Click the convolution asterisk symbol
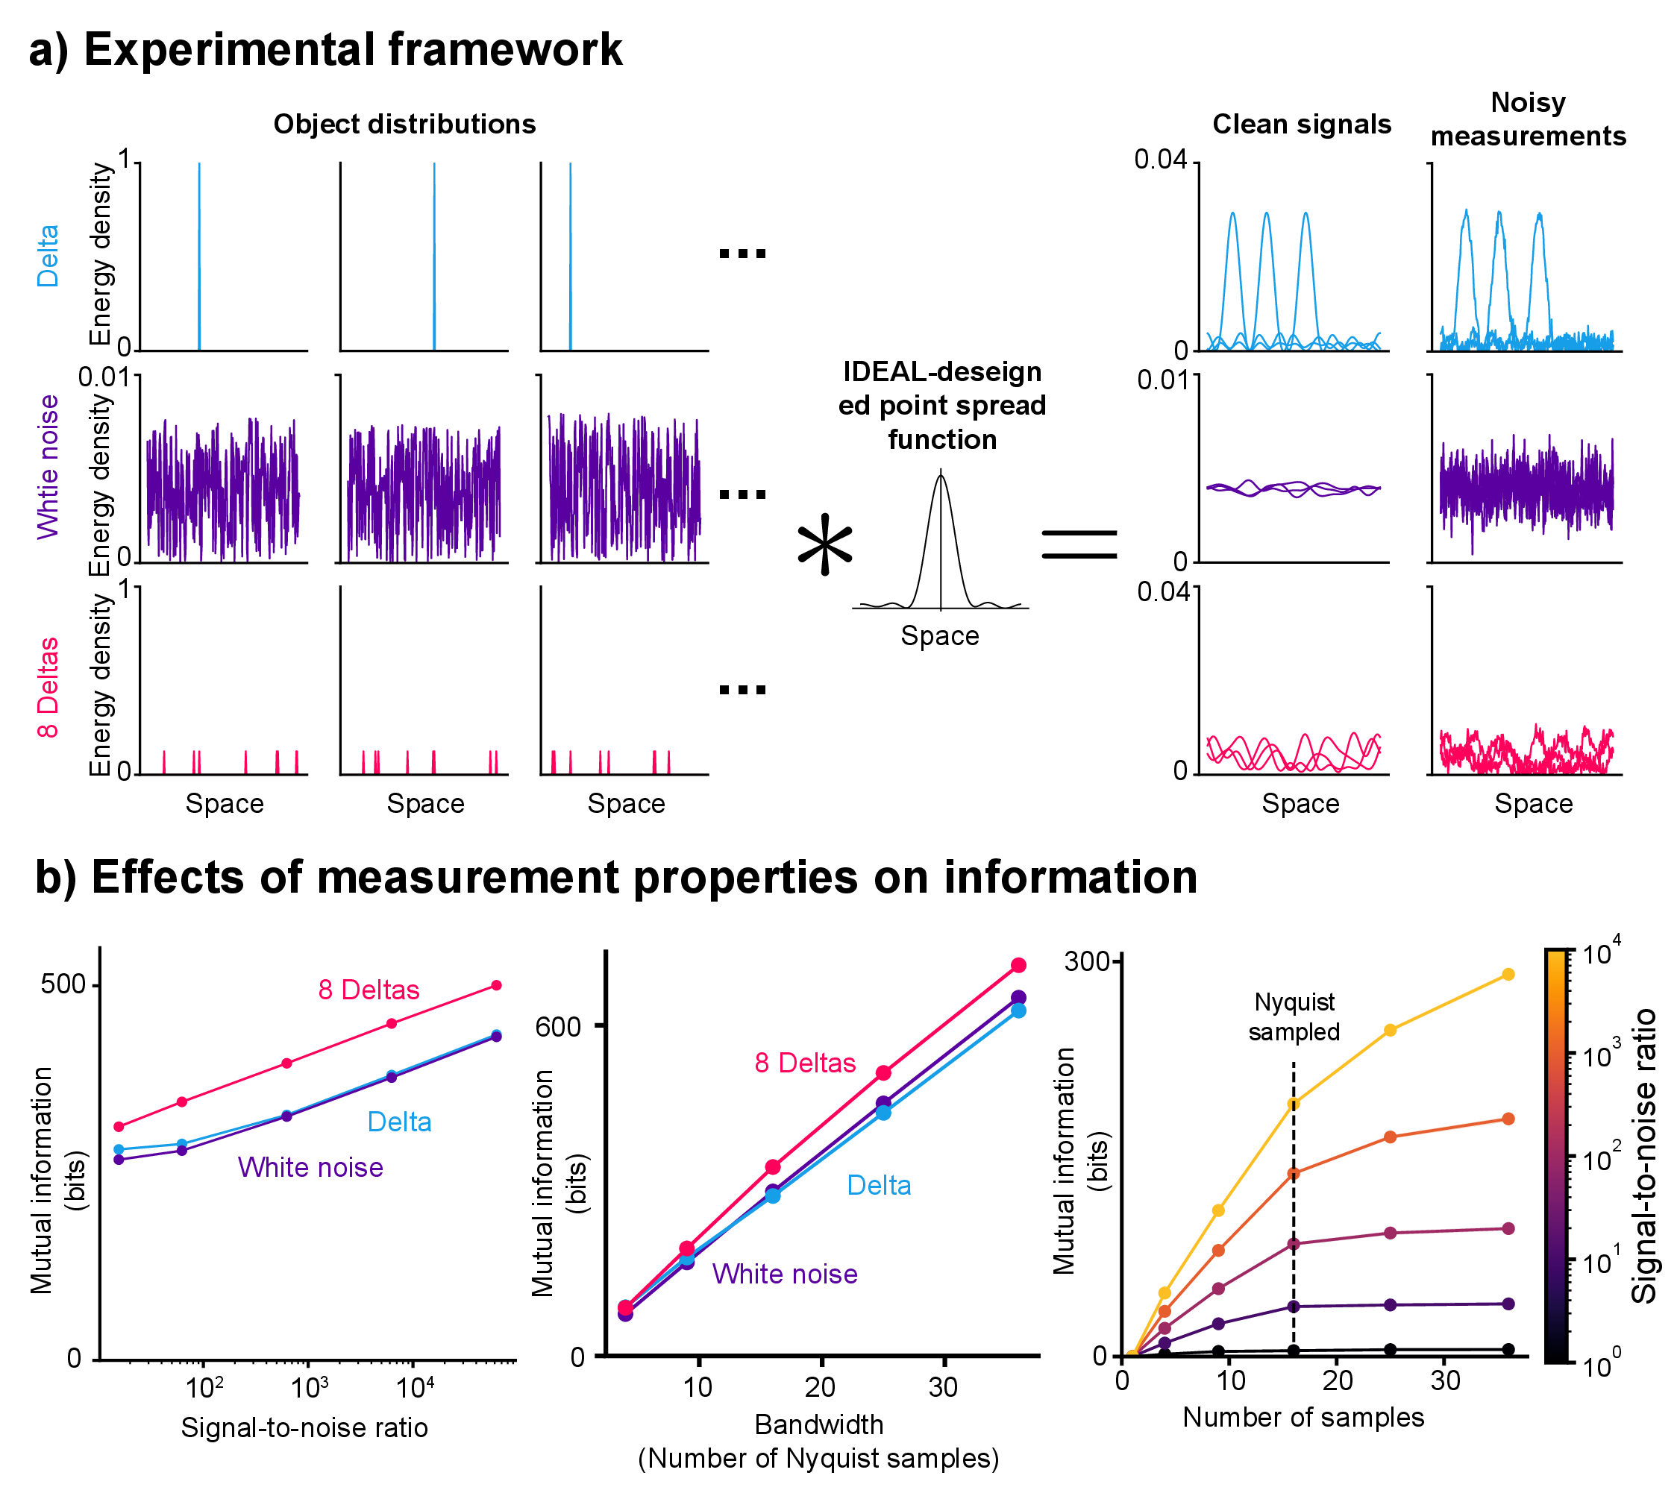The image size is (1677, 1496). point(824,546)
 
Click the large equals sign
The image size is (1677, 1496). point(1079,544)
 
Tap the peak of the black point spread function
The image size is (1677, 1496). point(941,475)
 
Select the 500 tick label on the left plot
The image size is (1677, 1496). point(63,984)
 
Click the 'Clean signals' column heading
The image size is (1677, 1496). point(1301,124)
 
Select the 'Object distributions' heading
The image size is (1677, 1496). point(404,124)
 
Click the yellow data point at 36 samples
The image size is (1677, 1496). point(1508,975)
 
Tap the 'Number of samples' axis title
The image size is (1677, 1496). point(1303,1417)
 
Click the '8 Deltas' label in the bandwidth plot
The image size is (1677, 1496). point(805,1063)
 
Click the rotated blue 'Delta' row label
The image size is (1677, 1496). point(48,256)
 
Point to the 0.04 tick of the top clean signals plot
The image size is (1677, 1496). point(1160,160)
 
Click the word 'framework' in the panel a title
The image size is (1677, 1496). point(505,49)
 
